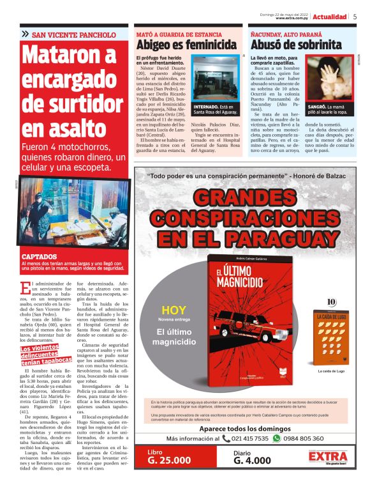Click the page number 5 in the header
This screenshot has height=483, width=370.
[x=355, y=17]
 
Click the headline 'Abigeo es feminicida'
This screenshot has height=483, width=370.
[x=186, y=45]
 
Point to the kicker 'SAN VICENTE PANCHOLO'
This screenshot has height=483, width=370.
[x=74, y=34]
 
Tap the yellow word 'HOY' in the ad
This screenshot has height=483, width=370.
[x=174, y=311]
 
